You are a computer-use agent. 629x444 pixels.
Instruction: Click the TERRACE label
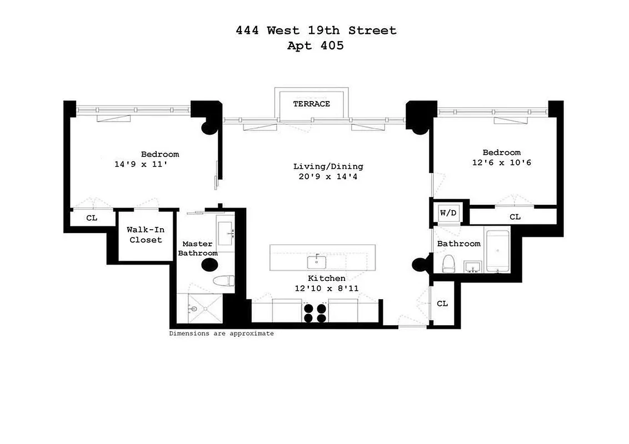pyautogui.click(x=311, y=104)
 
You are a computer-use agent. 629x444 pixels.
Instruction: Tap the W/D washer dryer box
pyautogui.click(x=447, y=213)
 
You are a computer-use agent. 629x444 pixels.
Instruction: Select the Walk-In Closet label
pyautogui.click(x=146, y=235)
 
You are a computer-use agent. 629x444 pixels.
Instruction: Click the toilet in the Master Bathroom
pyautogui.click(x=224, y=282)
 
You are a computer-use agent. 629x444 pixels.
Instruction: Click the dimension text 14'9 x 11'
pyautogui.click(x=141, y=164)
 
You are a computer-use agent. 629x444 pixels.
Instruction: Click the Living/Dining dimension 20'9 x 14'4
pyautogui.click(x=328, y=176)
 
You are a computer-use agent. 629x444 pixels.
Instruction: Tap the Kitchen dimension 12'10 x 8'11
pyautogui.click(x=326, y=289)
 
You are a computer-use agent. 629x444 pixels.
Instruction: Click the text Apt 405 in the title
pyautogui.click(x=315, y=46)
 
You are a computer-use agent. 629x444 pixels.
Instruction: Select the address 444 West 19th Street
pyautogui.click(x=315, y=31)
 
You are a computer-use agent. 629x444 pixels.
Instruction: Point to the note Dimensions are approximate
pyautogui.click(x=221, y=334)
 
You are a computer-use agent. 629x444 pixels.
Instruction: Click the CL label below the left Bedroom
pyautogui.click(x=92, y=218)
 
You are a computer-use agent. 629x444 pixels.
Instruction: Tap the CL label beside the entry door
pyautogui.click(x=442, y=304)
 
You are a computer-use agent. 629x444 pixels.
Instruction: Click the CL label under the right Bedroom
pyautogui.click(x=515, y=216)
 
